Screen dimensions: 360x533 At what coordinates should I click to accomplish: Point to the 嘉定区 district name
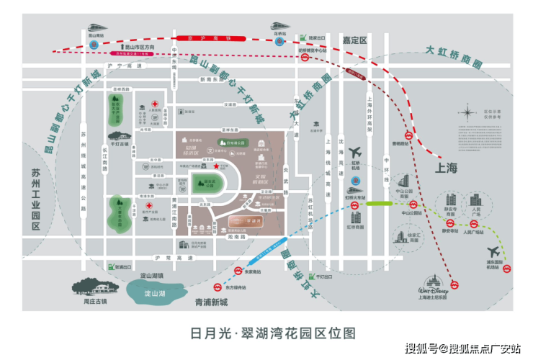click(354, 41)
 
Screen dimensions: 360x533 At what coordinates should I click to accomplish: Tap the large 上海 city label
click(446, 168)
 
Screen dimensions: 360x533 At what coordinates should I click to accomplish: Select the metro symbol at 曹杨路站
click(407, 134)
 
